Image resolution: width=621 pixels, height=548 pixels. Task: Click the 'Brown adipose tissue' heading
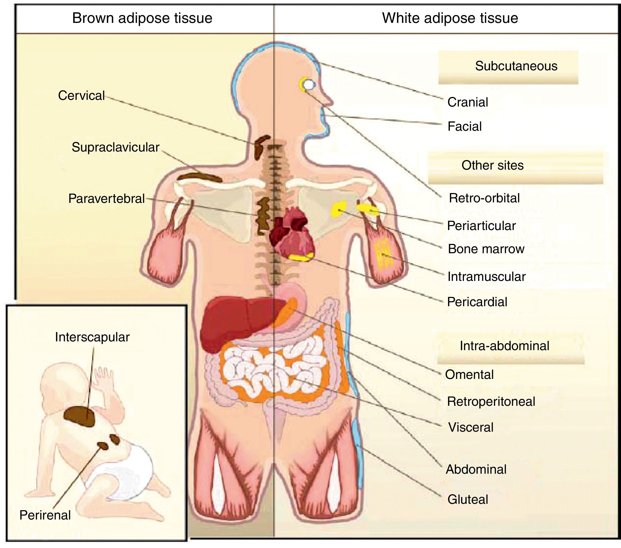pos(142,18)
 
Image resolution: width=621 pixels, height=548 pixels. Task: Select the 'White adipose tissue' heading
pos(450,18)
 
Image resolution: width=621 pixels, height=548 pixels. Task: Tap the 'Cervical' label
pos(81,96)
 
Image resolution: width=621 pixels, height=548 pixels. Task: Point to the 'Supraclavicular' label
pos(116,148)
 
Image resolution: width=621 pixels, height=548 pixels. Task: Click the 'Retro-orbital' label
pos(484,198)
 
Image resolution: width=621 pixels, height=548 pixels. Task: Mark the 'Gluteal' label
pos(468,499)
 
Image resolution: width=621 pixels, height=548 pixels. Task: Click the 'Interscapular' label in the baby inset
pos(92,337)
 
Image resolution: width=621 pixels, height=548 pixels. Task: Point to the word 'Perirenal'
pos(45,516)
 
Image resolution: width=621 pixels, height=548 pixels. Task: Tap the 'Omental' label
pos(469,375)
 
